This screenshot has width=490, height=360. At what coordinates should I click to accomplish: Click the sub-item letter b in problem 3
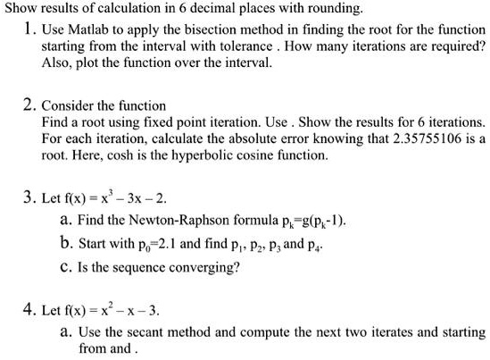65,241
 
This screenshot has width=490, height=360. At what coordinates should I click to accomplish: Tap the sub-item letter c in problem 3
65,265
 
